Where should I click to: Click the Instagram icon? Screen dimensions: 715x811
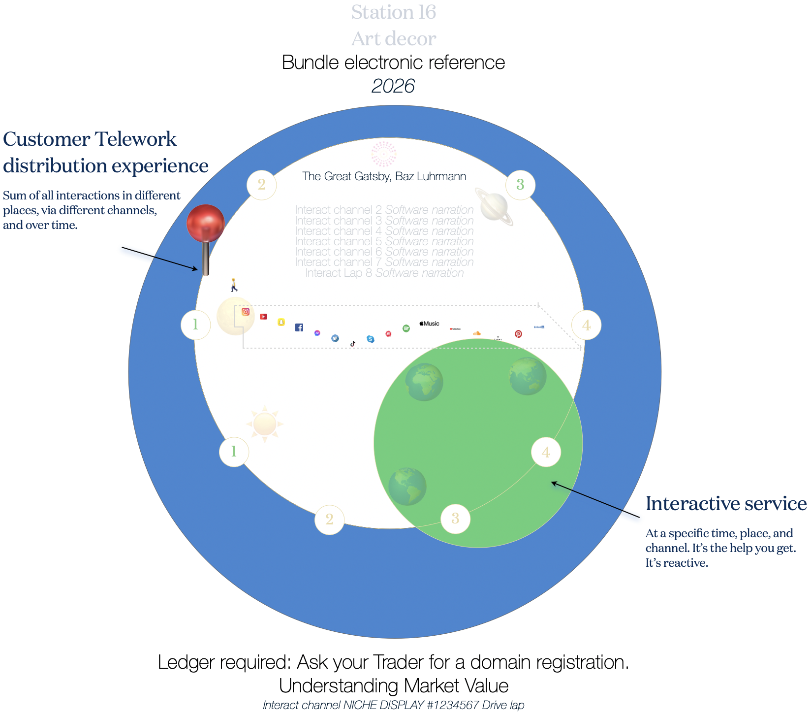point(246,311)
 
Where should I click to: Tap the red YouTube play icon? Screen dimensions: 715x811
point(264,317)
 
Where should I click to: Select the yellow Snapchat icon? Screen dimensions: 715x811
point(281,322)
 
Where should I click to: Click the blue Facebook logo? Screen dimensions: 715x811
point(299,327)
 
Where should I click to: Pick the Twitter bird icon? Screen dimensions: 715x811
point(335,338)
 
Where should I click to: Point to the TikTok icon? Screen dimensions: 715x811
point(353,344)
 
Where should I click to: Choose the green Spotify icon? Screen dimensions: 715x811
point(406,328)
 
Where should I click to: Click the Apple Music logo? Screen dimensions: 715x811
point(429,324)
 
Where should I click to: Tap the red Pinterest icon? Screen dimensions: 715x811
point(518,334)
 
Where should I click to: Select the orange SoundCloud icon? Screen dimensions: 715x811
point(476,333)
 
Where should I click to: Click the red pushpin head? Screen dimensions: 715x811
point(206,223)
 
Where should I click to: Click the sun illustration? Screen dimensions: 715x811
point(265,423)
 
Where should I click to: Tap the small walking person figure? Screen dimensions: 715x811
point(234,285)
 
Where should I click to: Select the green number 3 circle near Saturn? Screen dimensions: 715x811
point(520,185)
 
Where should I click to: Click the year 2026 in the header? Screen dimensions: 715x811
point(393,86)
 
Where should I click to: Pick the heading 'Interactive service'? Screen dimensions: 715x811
point(726,504)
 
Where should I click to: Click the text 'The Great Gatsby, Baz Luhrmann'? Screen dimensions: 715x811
point(384,176)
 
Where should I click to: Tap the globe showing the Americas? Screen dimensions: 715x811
point(407,486)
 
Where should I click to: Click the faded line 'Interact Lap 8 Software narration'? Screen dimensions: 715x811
point(384,273)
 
